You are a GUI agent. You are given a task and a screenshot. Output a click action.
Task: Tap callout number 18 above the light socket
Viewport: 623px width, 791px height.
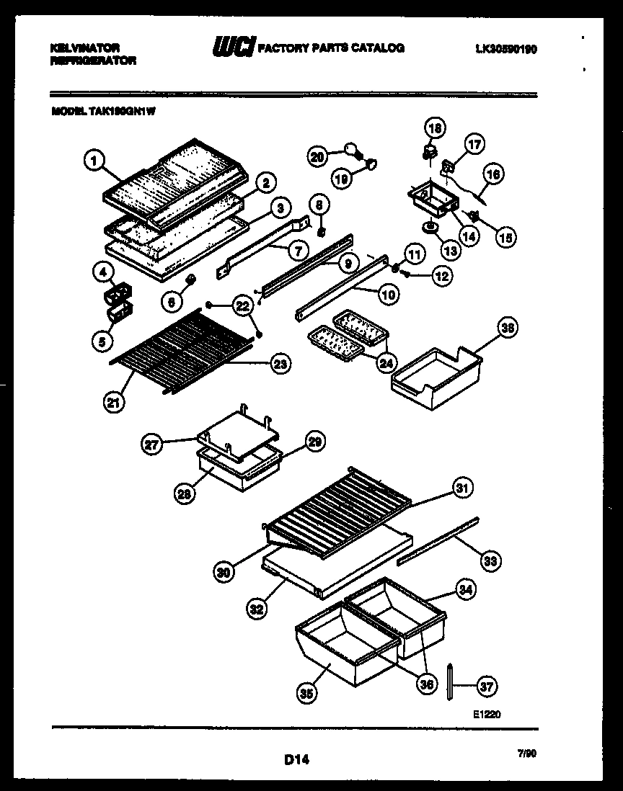(x=434, y=129)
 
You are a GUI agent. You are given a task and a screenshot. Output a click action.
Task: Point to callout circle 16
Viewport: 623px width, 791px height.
(x=493, y=174)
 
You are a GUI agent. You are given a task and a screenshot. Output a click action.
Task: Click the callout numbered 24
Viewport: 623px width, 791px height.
(x=386, y=362)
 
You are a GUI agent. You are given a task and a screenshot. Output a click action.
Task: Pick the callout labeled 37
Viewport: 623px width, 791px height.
(x=487, y=687)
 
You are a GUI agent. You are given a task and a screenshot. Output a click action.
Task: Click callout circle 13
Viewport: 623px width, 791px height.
(x=450, y=251)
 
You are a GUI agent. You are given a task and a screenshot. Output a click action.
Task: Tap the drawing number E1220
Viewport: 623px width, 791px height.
(x=487, y=715)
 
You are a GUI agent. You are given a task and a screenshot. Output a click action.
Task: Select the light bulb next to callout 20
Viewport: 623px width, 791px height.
(x=353, y=149)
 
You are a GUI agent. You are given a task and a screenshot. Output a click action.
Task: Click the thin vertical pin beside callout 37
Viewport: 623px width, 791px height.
(x=449, y=681)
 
